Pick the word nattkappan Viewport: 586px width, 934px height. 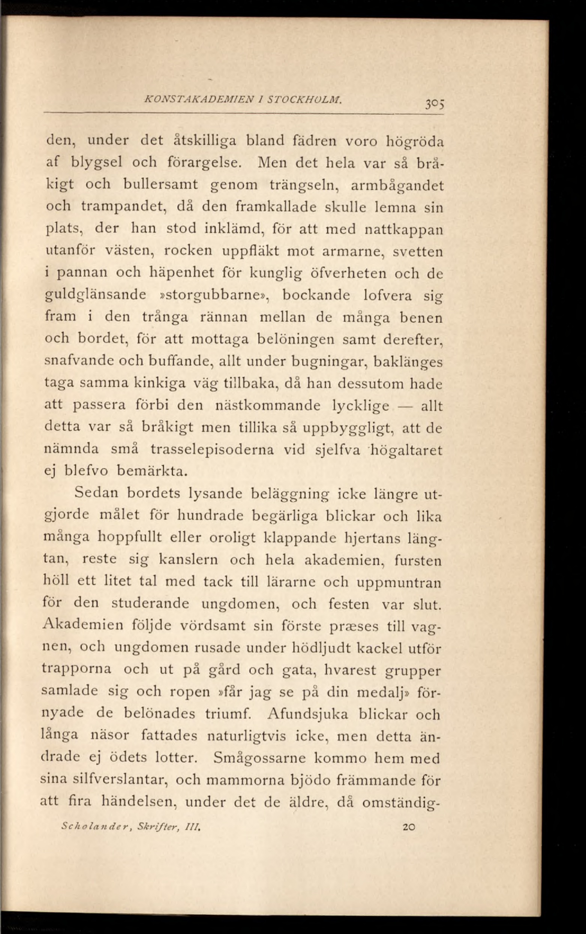[x=405, y=229]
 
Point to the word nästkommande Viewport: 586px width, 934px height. [x=268, y=405]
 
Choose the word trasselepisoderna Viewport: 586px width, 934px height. [x=212, y=450]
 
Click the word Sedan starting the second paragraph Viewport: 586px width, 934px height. [x=97, y=493]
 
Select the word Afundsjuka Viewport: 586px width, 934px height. [x=308, y=714]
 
